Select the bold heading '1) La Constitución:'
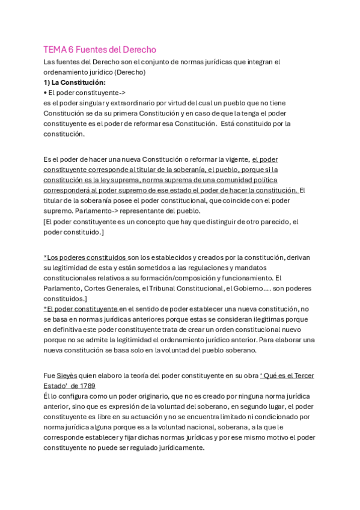click(x=74, y=82)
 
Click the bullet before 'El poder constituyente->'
click(x=46, y=93)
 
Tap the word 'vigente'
click(x=236, y=159)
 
